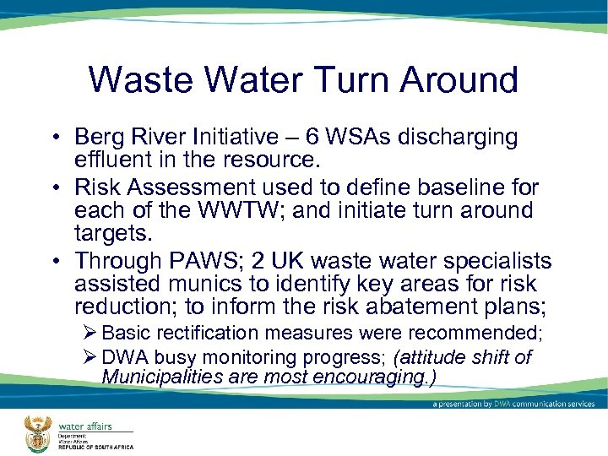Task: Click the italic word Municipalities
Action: point(162,376)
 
